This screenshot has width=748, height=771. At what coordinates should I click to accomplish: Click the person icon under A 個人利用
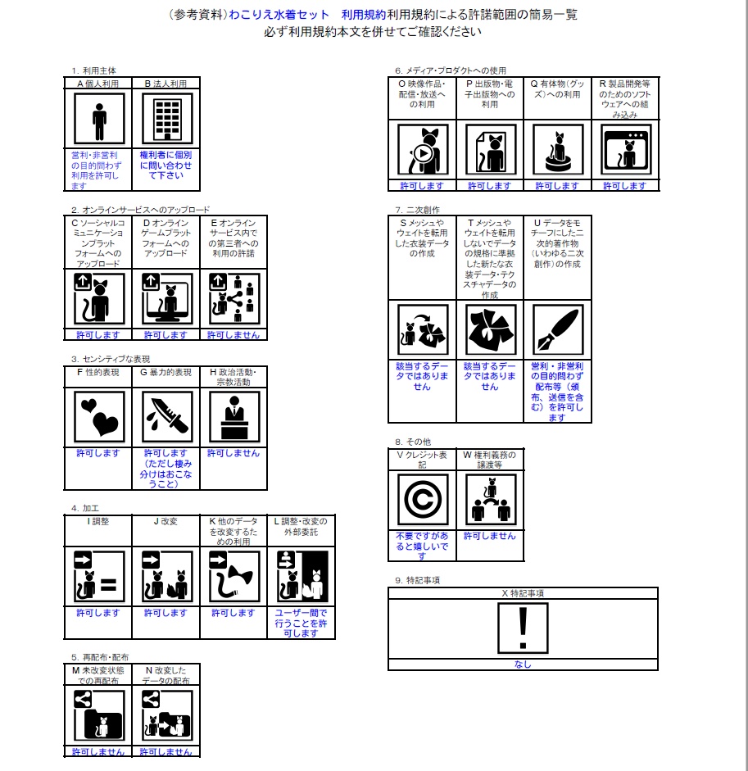tap(99, 120)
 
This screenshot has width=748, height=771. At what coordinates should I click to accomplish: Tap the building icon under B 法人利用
tap(167, 120)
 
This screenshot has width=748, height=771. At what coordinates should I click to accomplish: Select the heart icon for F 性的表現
tap(99, 417)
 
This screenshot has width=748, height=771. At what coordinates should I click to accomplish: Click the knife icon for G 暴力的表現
tap(167, 417)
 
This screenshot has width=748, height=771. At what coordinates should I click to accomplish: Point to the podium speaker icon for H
tap(233, 417)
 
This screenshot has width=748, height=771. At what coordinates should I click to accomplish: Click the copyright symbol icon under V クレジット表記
tap(422, 500)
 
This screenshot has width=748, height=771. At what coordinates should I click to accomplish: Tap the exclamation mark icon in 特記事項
tap(523, 628)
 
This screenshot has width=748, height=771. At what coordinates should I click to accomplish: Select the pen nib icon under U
tap(557, 330)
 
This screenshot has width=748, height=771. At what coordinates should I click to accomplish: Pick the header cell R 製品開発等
tap(624, 99)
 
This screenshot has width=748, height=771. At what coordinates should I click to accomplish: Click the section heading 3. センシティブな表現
tap(111, 359)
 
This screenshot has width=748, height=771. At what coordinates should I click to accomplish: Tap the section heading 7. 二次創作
tap(417, 210)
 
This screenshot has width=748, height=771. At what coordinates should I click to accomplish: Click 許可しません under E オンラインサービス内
tap(233, 335)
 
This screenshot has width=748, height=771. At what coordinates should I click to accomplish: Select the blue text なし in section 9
tap(523, 664)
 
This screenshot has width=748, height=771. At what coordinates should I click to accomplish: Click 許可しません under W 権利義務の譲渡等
tap(489, 536)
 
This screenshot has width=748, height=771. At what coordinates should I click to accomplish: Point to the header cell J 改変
tap(165, 521)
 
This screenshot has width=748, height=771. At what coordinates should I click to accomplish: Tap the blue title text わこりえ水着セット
tap(279, 15)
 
